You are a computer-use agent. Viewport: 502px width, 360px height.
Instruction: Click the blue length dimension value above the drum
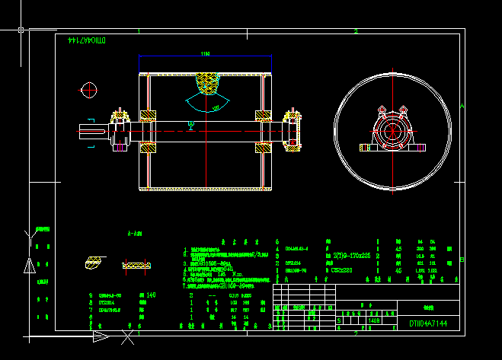click(205, 54)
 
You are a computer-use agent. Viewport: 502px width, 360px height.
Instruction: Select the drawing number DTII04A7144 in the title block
click(427, 323)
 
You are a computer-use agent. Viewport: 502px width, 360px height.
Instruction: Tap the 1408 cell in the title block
click(374, 321)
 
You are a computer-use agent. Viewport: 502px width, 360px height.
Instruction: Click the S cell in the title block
click(339, 321)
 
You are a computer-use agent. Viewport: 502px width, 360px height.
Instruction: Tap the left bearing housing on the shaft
click(120, 131)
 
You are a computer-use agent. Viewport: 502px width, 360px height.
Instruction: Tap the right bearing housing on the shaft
click(291, 131)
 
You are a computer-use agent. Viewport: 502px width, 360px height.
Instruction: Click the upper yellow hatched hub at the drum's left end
click(147, 116)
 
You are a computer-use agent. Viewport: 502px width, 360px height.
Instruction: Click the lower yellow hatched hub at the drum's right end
click(263, 148)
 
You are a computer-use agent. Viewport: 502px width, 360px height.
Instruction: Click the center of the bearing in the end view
click(392, 131)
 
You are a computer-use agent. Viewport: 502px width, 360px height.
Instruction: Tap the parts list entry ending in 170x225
click(351, 256)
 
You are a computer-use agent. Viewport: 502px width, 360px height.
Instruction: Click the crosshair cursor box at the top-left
click(21, 30)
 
